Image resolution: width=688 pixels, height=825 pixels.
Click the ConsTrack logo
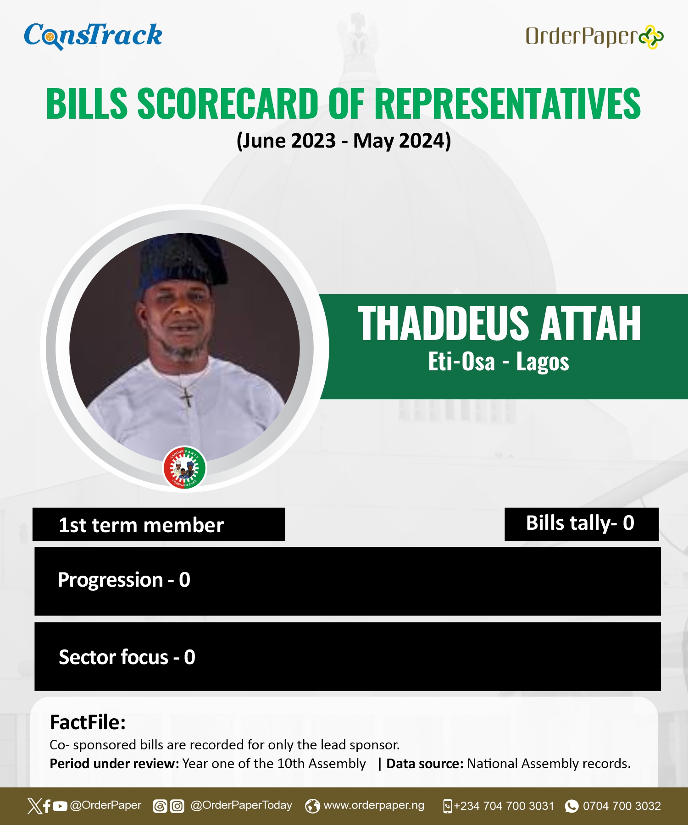click(93, 36)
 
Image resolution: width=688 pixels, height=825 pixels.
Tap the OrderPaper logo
click(594, 37)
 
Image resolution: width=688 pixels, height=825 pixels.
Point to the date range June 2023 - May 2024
click(344, 141)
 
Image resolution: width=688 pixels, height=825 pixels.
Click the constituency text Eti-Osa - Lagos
click(499, 362)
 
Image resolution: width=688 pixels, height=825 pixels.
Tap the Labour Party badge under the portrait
click(185, 467)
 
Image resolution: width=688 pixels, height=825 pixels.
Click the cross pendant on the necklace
click(186, 397)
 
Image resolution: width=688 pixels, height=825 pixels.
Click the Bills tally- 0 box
click(582, 524)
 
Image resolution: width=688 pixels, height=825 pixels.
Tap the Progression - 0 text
click(124, 580)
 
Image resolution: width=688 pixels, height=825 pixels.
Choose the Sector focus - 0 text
click(127, 657)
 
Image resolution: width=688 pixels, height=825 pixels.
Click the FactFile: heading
click(88, 722)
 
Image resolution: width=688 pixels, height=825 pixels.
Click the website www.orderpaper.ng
click(374, 805)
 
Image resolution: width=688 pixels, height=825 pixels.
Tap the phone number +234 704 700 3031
click(504, 806)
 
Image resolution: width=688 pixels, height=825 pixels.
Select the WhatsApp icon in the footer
click(571, 806)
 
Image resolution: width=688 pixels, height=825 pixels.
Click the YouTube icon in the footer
click(60, 806)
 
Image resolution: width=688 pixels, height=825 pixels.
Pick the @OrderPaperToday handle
click(241, 805)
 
